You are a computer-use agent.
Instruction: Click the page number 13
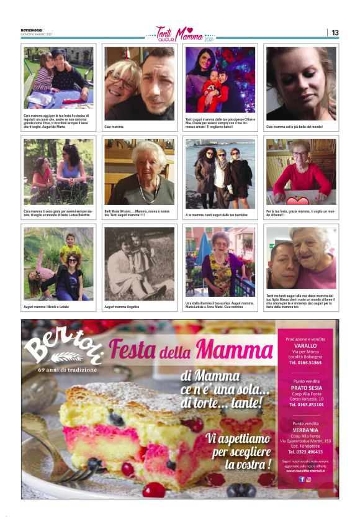tap(335, 32)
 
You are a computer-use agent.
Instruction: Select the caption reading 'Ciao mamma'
tap(114, 126)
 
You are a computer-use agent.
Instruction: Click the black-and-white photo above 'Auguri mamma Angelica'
tap(140, 264)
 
